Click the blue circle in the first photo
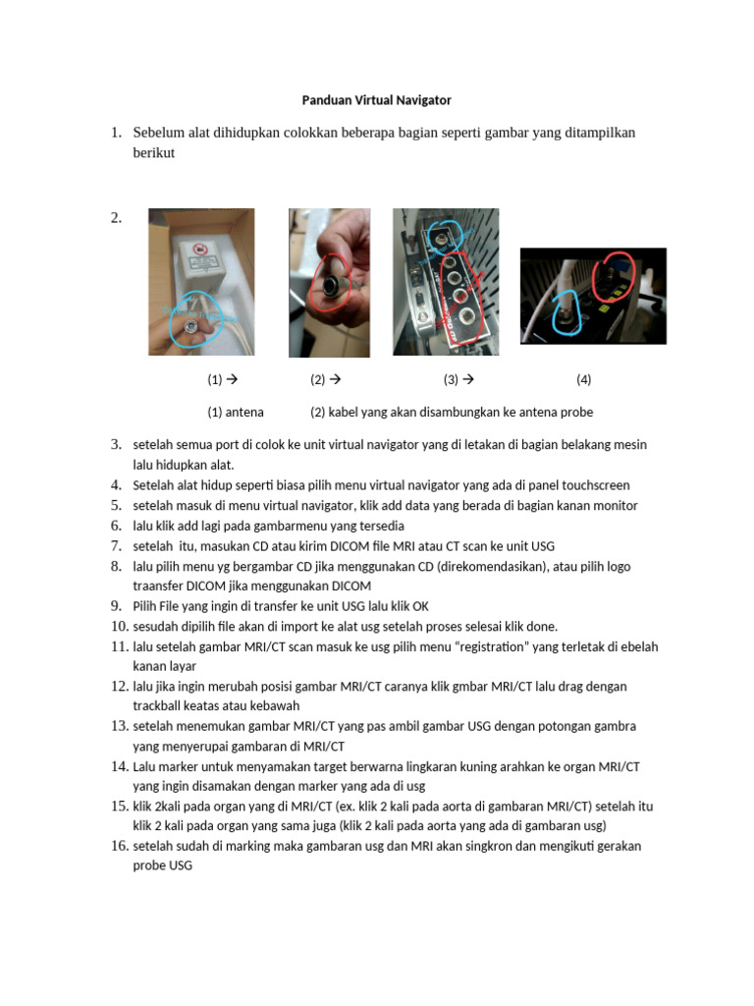[192, 321]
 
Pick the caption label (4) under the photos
[583, 379]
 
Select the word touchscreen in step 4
[595, 485]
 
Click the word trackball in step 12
[161, 705]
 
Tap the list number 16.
[120, 846]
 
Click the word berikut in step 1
[153, 153]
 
